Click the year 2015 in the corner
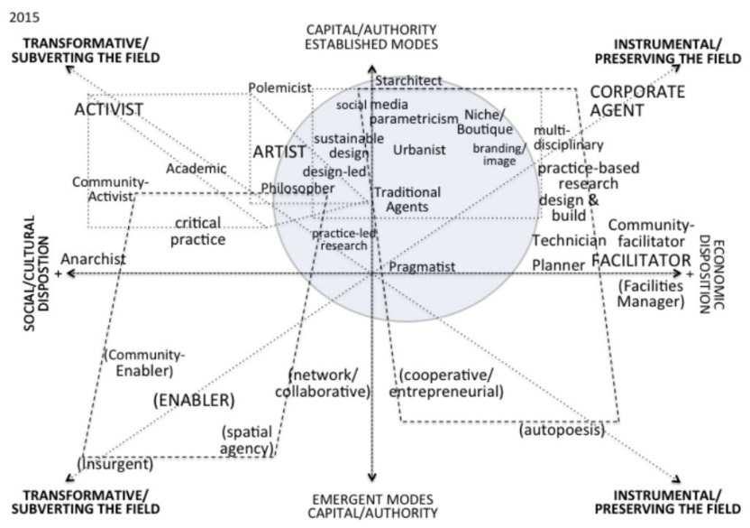(x=19, y=15)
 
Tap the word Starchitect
(x=409, y=80)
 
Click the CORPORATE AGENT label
(x=637, y=101)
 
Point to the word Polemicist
(x=279, y=88)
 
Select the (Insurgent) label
(x=114, y=464)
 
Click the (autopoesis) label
(x=561, y=431)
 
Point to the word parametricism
(x=414, y=119)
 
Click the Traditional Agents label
(x=407, y=199)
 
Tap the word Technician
(x=569, y=240)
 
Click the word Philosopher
(x=297, y=188)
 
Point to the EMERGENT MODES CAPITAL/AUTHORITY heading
(x=373, y=505)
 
